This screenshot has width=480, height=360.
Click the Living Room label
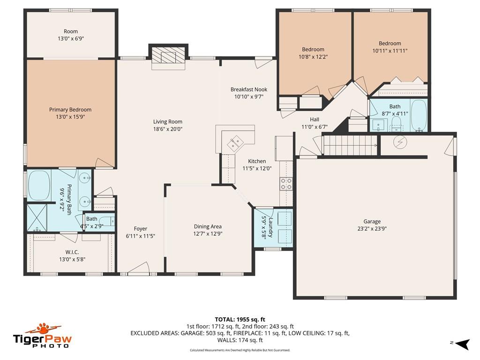[167, 122]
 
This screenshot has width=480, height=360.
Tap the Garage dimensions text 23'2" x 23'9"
[372, 229]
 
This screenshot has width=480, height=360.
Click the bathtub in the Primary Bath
[39, 186]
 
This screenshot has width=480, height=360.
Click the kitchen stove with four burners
[286, 184]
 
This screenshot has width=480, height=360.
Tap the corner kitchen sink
[235, 141]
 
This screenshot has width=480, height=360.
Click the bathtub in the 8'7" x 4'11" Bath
[418, 115]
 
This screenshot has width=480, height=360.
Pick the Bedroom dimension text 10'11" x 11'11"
[390, 51]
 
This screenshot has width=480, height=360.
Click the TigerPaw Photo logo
[42, 336]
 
